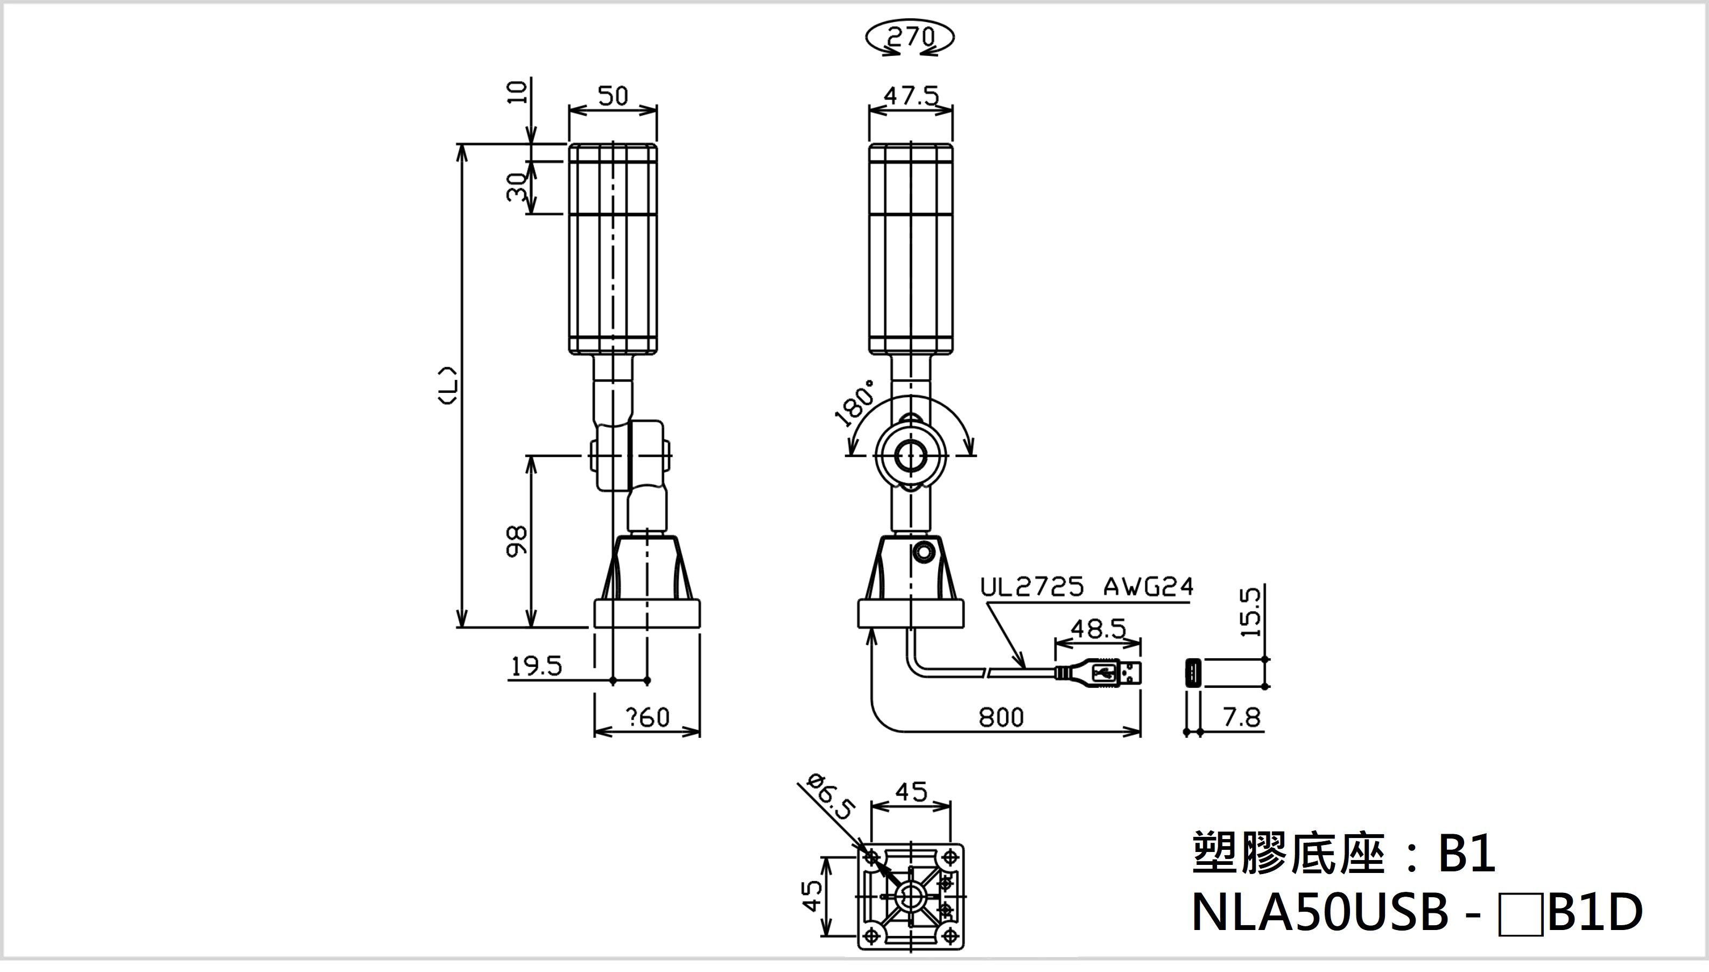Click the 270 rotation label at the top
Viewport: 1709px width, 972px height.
(909, 37)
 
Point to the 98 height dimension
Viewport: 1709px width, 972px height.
(517, 541)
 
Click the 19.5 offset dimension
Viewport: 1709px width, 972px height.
(537, 666)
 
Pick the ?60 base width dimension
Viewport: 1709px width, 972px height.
(648, 717)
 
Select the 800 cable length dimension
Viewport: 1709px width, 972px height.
(1001, 717)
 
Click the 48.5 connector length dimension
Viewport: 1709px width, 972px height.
(1098, 629)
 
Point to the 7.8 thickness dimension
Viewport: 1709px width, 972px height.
(1241, 717)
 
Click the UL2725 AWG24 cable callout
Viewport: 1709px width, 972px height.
(1086, 588)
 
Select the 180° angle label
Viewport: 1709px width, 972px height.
(855, 404)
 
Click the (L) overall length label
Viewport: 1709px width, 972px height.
(448, 385)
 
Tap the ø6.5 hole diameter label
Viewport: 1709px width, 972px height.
(831, 797)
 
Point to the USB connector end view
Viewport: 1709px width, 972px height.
(1193, 673)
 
